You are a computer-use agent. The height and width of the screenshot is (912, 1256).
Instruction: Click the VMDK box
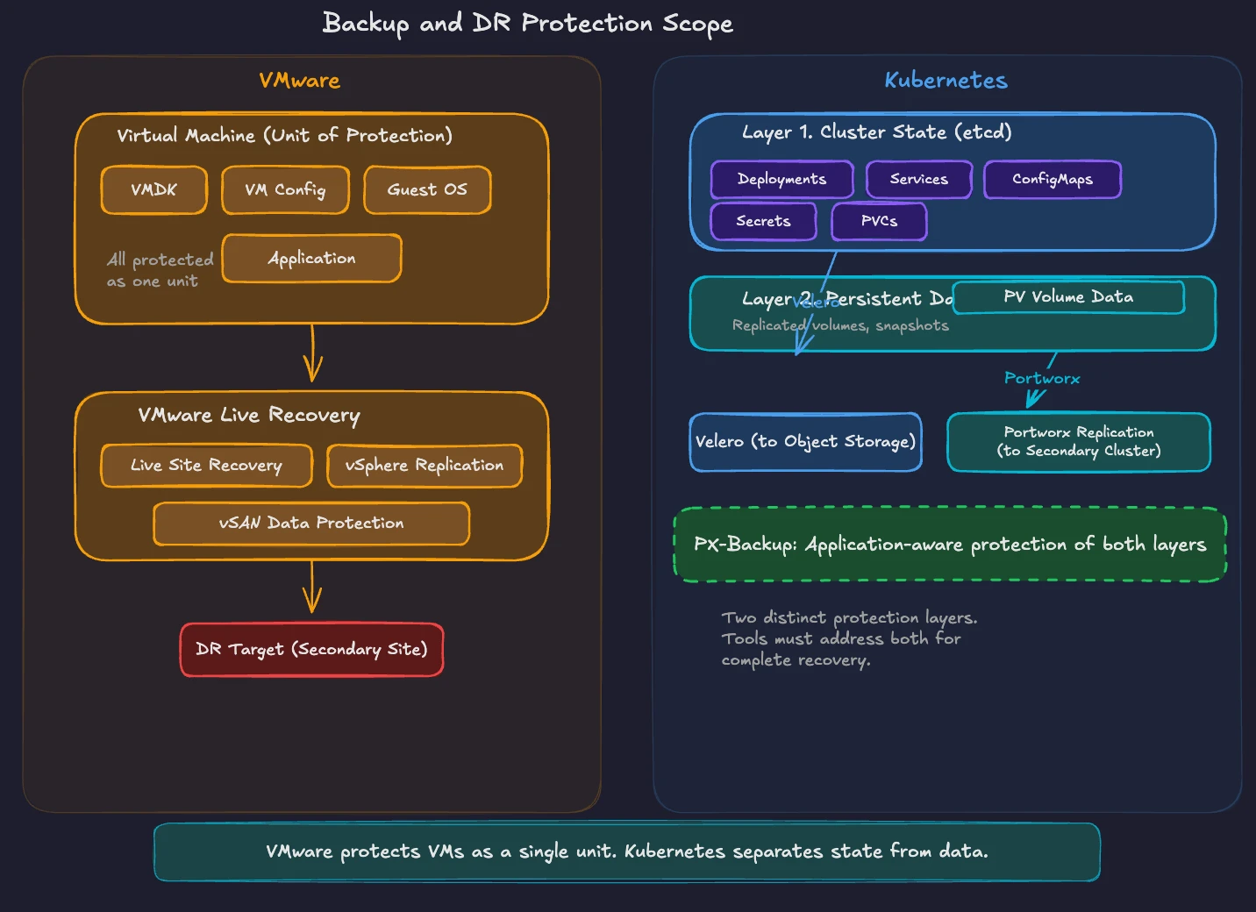(x=154, y=189)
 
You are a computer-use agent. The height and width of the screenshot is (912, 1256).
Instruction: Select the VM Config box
(x=285, y=189)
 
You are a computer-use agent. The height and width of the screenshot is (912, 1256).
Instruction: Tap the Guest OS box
(x=427, y=189)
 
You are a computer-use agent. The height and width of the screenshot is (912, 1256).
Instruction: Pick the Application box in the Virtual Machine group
(x=311, y=259)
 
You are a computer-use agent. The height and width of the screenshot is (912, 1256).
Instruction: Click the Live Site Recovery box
(x=206, y=465)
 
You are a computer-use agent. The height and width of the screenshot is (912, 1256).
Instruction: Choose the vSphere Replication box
(x=425, y=465)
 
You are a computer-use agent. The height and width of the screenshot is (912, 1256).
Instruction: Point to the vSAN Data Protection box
(x=311, y=523)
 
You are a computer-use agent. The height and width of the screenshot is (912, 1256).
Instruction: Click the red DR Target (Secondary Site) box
(x=311, y=650)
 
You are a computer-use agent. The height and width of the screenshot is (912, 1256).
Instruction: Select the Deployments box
(x=781, y=179)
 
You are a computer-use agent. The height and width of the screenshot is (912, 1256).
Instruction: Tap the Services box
(x=919, y=179)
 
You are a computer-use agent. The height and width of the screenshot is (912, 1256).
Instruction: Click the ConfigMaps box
(x=1053, y=179)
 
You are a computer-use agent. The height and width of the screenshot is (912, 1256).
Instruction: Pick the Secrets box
(x=763, y=221)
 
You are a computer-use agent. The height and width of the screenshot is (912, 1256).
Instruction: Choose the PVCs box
(x=879, y=221)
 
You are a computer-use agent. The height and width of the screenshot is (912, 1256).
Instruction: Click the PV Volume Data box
(x=1068, y=297)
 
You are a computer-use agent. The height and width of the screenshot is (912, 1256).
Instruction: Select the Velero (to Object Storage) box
(x=805, y=442)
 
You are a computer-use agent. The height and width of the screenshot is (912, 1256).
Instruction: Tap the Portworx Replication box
(x=1079, y=442)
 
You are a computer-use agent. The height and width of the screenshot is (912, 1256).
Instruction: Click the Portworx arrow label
(x=1042, y=378)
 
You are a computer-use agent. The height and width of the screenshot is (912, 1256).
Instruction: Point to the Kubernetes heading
(x=946, y=81)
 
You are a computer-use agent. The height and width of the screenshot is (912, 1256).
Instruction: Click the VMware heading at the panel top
(x=299, y=81)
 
